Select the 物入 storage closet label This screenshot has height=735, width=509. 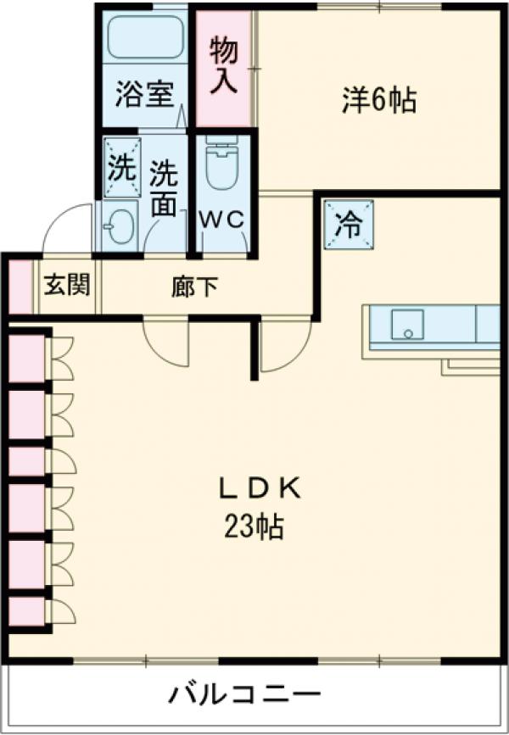pyautogui.click(x=224, y=67)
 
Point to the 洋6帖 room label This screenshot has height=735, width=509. pyautogui.click(x=379, y=101)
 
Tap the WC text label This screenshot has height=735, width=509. pyautogui.click(x=222, y=219)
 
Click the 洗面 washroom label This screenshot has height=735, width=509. pyautogui.click(x=164, y=188)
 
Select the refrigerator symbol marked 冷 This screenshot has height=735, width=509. pyautogui.click(x=348, y=225)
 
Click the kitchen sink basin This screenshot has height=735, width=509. pyautogui.click(x=407, y=323)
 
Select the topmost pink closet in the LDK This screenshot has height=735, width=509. pyautogui.click(x=26, y=358)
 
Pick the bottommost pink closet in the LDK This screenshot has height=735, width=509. pyautogui.click(x=26, y=611)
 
